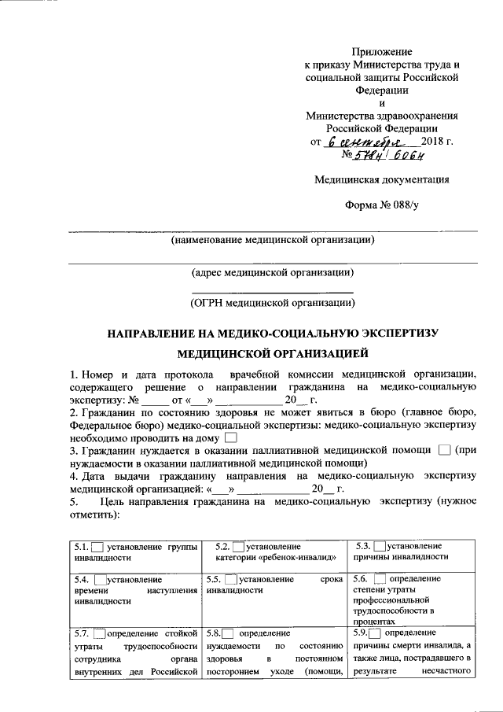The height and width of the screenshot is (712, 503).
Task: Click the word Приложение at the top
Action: (382, 51)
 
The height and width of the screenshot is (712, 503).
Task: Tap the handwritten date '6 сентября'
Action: (363, 143)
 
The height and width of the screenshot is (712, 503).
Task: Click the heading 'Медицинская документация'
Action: (382, 179)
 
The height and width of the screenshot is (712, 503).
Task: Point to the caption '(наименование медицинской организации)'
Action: (273, 239)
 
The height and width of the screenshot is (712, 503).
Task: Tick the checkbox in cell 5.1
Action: (98, 547)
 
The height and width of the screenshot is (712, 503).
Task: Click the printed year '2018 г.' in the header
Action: (438, 142)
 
